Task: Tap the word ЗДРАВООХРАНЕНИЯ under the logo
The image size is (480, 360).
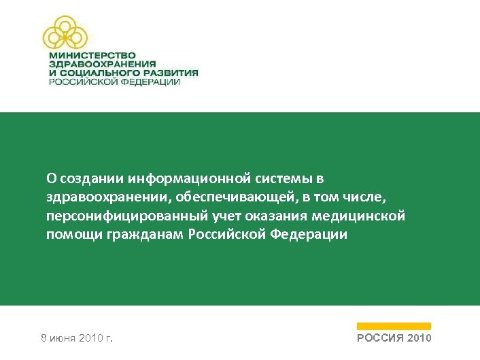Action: coord(97,64)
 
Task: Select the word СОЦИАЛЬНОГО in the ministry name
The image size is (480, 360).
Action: coord(93,73)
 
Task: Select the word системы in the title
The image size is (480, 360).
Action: coord(289,178)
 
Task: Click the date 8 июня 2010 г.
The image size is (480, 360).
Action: coord(77,338)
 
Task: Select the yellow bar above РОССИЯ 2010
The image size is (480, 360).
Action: coord(394,326)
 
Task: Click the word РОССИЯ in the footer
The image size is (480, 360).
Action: coord(380,338)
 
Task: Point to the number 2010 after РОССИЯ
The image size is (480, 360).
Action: coord(419,338)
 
